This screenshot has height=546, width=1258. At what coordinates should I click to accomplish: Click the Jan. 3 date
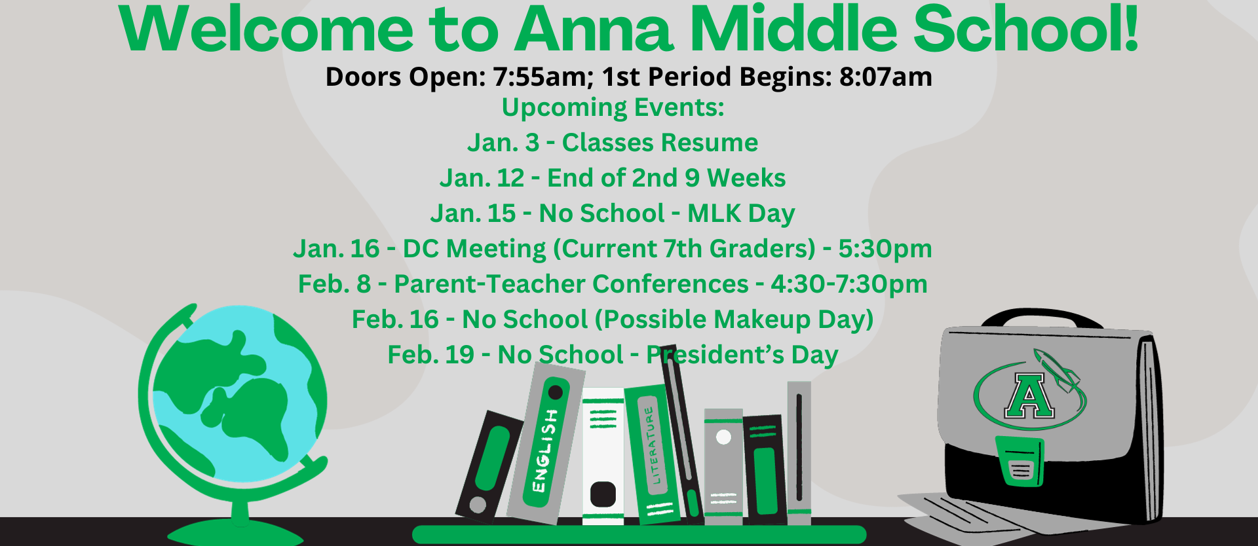click(x=503, y=143)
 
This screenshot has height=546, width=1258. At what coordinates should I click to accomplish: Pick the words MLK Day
click(x=740, y=214)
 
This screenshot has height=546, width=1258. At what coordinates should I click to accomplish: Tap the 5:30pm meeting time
click(x=885, y=249)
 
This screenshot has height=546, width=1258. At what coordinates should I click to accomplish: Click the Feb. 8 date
click(x=334, y=285)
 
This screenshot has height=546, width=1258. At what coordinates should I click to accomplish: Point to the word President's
click(x=715, y=355)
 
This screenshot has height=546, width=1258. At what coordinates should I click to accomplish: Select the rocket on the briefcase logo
click(x=1056, y=370)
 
